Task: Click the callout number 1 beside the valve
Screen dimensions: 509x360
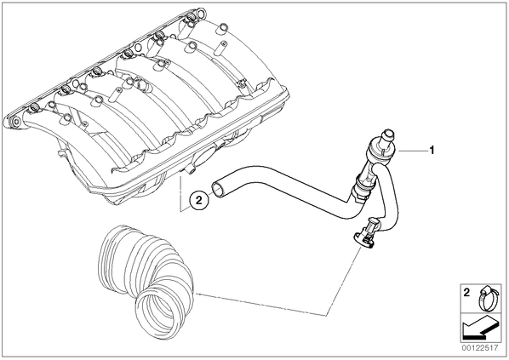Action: tap(432, 151)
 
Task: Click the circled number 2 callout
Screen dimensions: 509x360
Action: tap(198, 200)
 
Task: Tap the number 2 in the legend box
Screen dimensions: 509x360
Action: tap(466, 293)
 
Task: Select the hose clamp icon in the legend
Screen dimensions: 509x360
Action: tap(486, 298)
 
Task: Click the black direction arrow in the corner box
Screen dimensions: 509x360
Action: tap(480, 328)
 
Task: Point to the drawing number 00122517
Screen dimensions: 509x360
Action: tap(480, 348)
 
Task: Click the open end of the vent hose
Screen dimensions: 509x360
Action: tap(218, 188)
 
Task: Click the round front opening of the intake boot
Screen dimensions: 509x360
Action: tap(158, 311)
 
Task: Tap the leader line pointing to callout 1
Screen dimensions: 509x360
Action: tap(413, 151)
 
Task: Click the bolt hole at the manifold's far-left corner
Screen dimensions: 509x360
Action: tap(14, 123)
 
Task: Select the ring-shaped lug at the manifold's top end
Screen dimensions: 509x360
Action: tap(201, 14)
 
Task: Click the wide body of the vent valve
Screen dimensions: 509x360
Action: tap(380, 150)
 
